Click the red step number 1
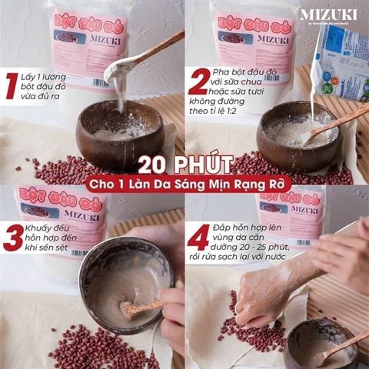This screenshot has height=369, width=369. click(11, 85)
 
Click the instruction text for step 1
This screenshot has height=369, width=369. click(51, 85)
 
